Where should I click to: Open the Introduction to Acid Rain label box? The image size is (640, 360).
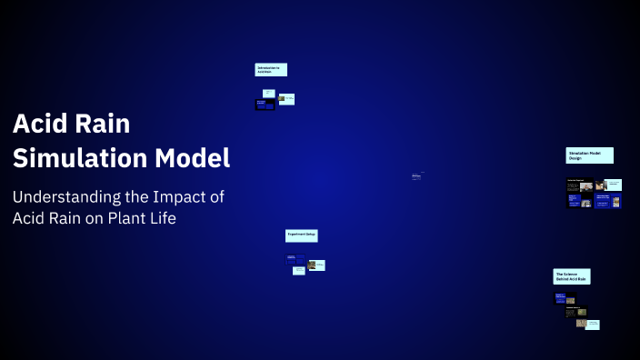coord(270,69)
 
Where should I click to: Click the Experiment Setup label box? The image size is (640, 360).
coord(301,235)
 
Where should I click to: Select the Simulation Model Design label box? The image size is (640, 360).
coord(589,155)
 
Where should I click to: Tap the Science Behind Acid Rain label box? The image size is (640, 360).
coord(571,276)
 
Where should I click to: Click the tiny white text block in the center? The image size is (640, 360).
coord(415,176)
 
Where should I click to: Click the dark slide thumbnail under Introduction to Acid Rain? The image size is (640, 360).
coord(265,105)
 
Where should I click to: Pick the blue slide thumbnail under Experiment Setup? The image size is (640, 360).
coord(295,260)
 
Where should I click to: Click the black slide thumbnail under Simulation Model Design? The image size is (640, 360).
coord(579,185)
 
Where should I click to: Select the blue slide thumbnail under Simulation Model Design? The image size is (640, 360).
coord(574,201)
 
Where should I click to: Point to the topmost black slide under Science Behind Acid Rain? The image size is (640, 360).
coord(560,297)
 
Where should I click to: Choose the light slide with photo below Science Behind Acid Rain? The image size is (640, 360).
coord(592,324)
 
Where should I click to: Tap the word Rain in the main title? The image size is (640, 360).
coord(102,124)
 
